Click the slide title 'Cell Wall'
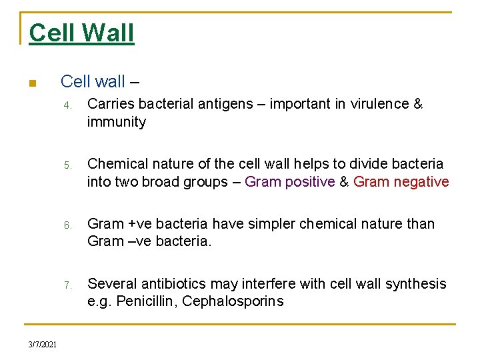(81, 33)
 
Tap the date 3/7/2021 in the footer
(43, 344)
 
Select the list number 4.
(67, 105)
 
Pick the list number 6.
(67, 225)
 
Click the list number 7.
(67, 285)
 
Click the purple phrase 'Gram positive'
(289, 182)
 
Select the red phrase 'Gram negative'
(401, 182)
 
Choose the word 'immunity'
(116, 122)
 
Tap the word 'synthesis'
(418, 284)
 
